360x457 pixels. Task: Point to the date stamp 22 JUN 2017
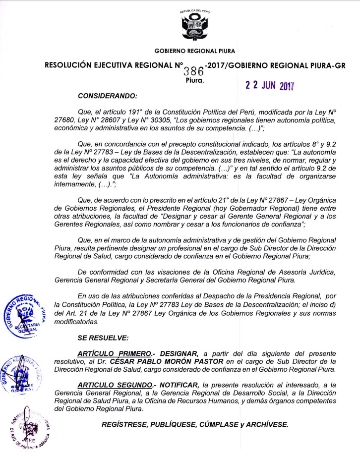(x=270, y=84)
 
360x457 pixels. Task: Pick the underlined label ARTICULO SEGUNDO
(x=114, y=385)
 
